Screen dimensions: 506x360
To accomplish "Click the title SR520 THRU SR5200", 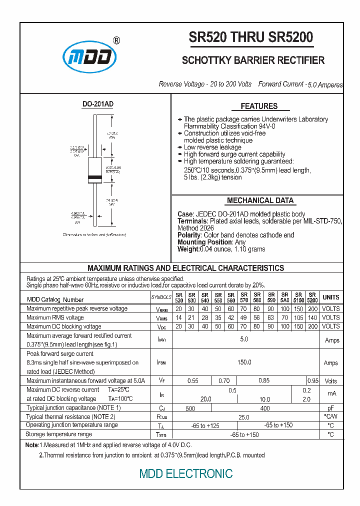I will [x=250, y=37].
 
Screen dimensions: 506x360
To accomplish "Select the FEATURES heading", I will [x=259, y=106].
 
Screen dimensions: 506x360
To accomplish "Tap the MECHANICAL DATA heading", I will [x=260, y=200].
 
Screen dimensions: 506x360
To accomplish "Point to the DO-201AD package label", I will [x=97, y=104].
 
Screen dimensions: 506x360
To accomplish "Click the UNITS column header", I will [x=331, y=297].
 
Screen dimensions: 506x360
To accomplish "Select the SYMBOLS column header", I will [x=161, y=297].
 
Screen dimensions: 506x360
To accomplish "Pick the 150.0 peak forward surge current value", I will [x=244, y=362].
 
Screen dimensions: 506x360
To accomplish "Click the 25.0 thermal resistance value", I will [x=244, y=416].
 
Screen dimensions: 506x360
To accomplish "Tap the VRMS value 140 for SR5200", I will [x=312, y=317].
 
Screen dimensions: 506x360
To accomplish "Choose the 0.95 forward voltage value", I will [x=312, y=381].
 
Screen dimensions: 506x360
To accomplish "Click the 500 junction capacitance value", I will [x=190, y=408].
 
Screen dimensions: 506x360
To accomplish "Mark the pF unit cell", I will [x=330, y=408].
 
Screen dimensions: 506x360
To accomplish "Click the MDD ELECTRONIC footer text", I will [x=186, y=473].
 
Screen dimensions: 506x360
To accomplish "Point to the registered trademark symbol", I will [x=116, y=40].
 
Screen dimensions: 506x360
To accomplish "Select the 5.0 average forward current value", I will [x=244, y=339].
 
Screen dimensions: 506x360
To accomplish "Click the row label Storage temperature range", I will [x=59, y=434].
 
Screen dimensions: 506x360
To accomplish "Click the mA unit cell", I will [x=331, y=394].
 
